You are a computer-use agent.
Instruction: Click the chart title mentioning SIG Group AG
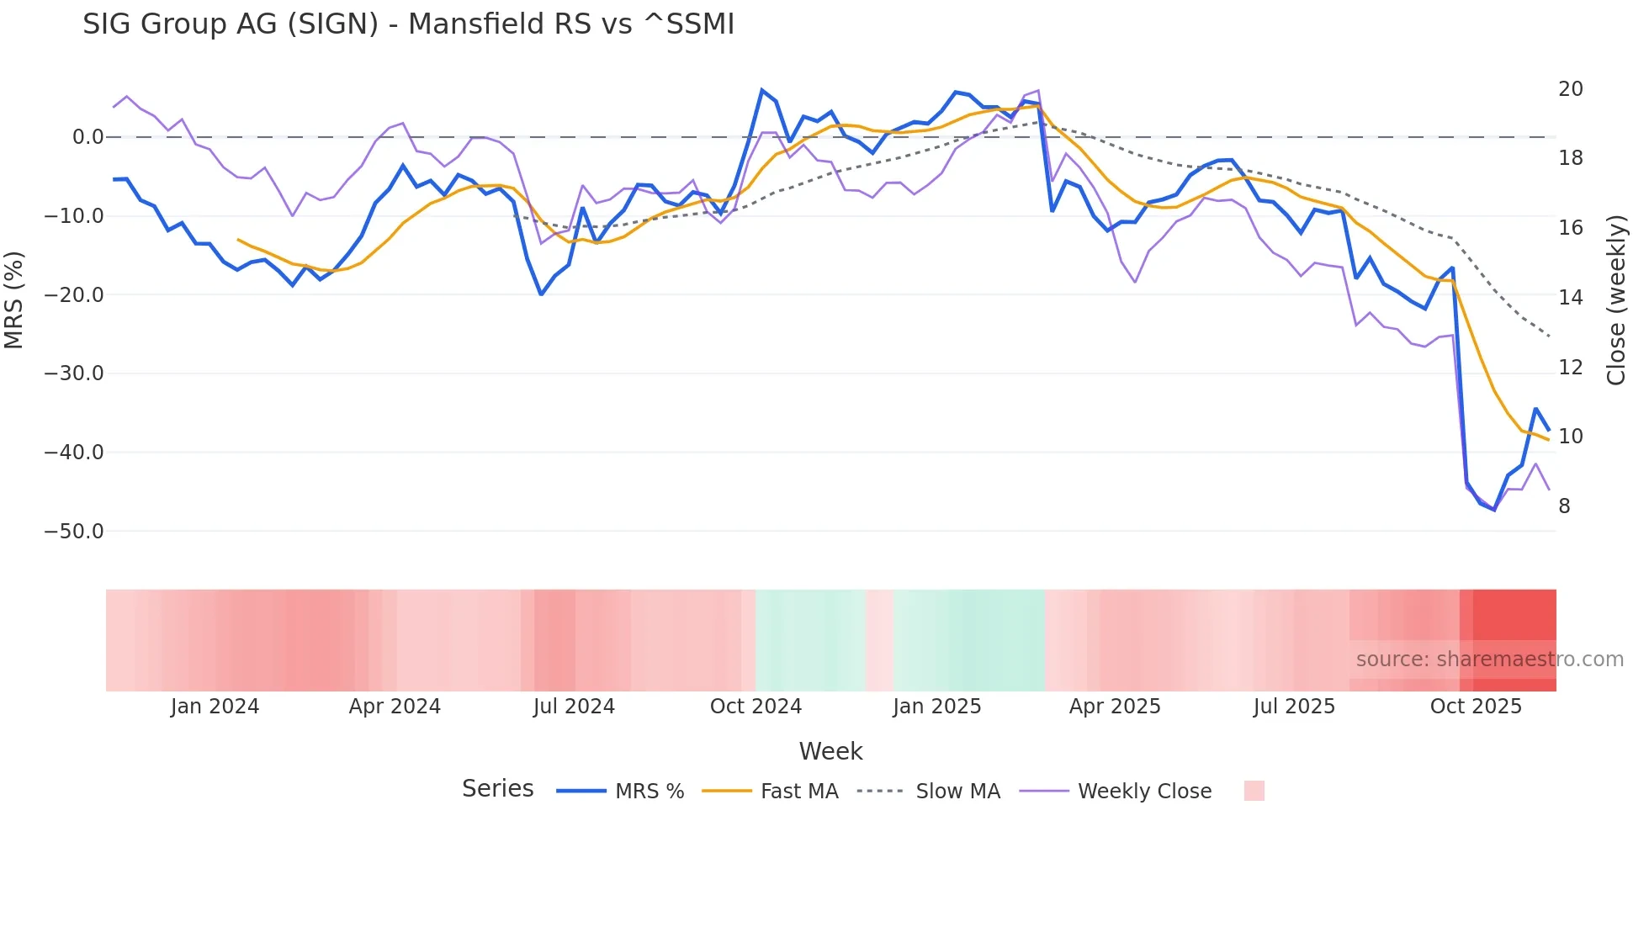408,24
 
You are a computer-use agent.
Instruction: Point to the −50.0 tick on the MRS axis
74,532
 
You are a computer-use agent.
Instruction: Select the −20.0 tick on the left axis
74,295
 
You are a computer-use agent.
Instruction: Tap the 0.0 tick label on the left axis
87,137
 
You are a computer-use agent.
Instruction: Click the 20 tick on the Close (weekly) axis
1570,89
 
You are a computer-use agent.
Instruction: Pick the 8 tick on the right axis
1564,506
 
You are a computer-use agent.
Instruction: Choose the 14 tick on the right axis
1570,298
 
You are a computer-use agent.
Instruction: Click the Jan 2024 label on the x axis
215,707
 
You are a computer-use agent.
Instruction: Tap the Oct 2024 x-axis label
756,707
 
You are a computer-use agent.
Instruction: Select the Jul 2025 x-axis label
1294,707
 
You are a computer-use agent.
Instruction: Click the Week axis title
830,751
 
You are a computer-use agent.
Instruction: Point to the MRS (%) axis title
14,300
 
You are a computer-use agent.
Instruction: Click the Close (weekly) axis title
1616,300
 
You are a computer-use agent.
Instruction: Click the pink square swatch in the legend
1254,792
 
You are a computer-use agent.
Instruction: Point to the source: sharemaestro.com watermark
1489,659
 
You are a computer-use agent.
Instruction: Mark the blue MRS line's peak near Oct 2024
762,90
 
